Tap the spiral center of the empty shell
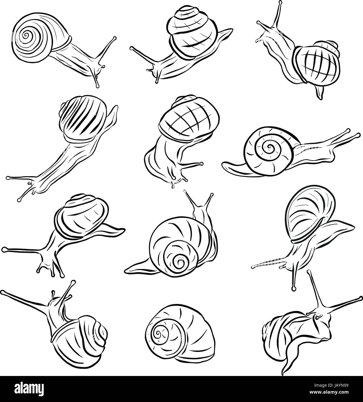(x=159, y=333)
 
